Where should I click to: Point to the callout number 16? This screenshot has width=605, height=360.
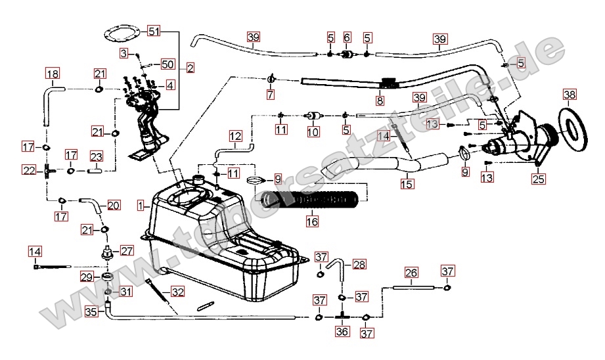coord(312,222)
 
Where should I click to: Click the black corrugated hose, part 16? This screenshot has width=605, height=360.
coord(309,198)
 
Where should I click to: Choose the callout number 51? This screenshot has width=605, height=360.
coord(153,31)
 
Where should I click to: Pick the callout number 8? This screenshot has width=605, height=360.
coord(380,101)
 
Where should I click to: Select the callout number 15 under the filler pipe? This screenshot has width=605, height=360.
coord(408,185)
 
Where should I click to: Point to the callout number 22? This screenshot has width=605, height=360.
coord(29,170)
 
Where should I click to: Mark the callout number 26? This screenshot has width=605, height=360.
coord(411,272)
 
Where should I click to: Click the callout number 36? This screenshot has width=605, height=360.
coord(341,332)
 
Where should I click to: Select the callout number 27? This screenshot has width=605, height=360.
coord(126,250)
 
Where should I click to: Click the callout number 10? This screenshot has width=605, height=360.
coord(313,131)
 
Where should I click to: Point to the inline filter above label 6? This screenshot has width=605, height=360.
coord(347,54)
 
